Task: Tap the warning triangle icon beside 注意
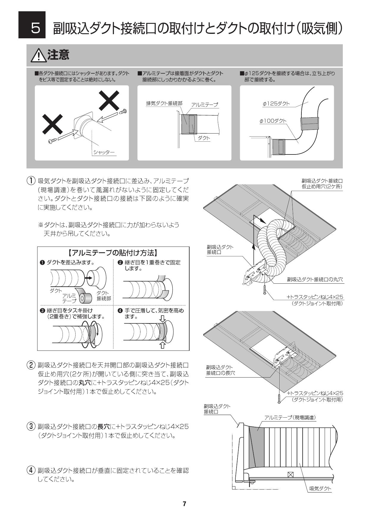(39, 56)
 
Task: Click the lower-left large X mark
(52, 124)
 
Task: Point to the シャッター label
(104, 152)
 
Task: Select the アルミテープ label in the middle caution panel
(204, 105)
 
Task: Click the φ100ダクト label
(273, 121)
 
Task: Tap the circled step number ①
(31, 181)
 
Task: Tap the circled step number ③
(31, 427)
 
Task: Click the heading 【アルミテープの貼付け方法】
(113, 253)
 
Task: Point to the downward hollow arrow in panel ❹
(162, 319)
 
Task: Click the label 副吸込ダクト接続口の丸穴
(315, 280)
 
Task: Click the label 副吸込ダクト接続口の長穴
(220, 370)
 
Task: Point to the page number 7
(185, 504)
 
